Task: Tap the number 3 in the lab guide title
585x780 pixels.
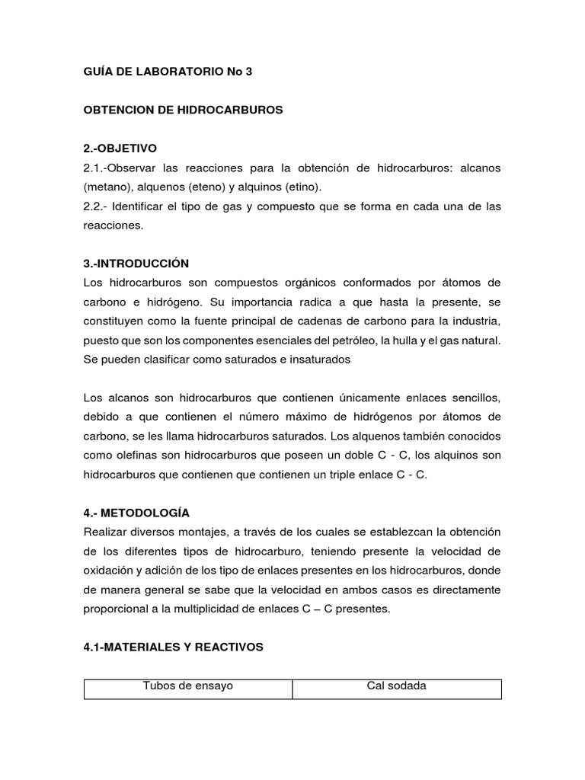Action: coord(248,72)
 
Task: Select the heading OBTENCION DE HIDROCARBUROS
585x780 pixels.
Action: coord(183,110)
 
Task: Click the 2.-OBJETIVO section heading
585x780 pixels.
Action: coord(120,148)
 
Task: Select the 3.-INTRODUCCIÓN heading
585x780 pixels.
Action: coord(136,264)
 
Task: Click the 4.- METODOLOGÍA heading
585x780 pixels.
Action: coord(136,513)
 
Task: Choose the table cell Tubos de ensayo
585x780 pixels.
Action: coord(188,686)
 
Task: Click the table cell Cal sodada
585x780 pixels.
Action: coord(396,686)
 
